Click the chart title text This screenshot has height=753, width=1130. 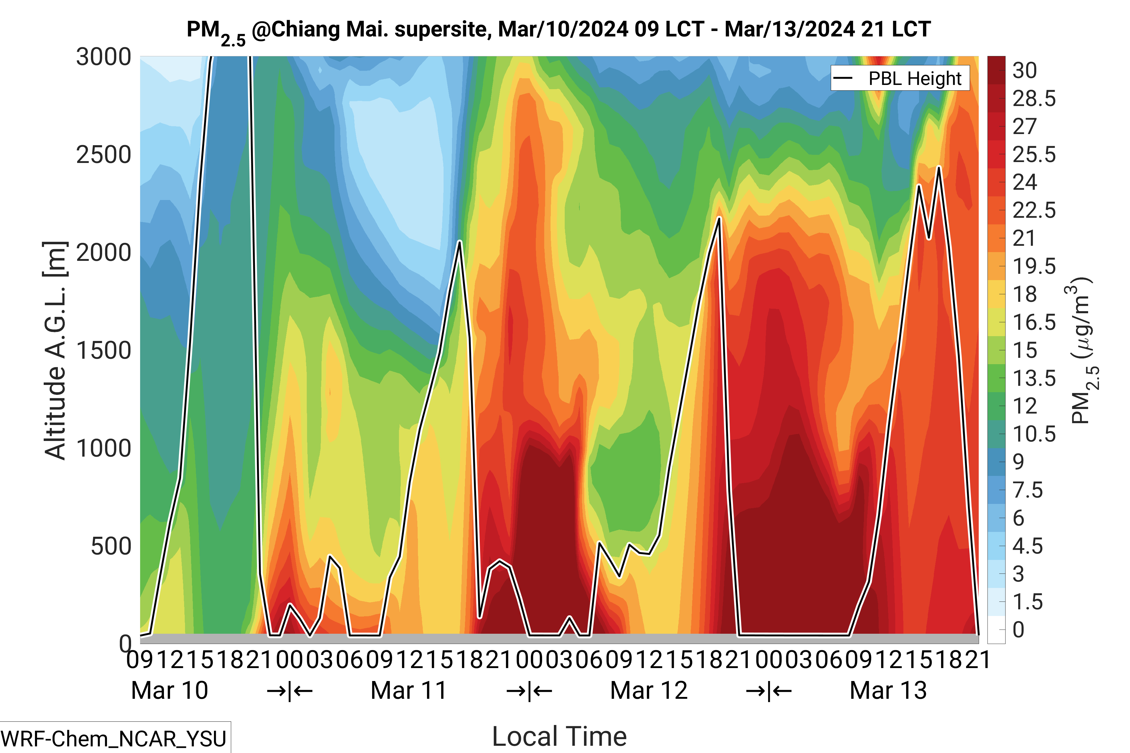(x=558, y=30)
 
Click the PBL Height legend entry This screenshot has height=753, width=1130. (x=899, y=78)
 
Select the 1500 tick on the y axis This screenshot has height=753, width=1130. (x=103, y=351)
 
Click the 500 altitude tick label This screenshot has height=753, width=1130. (x=111, y=546)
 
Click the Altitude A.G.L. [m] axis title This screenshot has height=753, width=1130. (x=55, y=351)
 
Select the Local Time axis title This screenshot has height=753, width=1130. (x=559, y=736)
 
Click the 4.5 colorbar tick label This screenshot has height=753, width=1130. (x=1027, y=546)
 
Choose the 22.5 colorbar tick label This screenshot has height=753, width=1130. (x=1034, y=210)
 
